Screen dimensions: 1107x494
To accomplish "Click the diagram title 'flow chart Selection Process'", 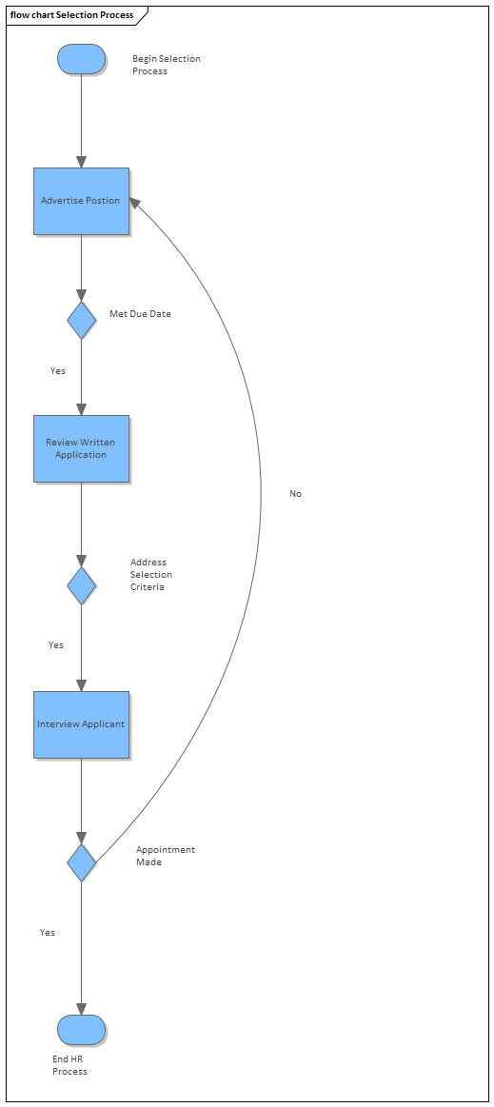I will click(71, 15).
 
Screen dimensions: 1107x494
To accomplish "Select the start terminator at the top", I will click(81, 59).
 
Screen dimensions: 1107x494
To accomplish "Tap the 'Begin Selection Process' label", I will click(166, 65).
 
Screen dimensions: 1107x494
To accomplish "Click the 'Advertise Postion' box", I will click(81, 201).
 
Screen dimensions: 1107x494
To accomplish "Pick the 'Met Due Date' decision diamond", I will click(81, 320).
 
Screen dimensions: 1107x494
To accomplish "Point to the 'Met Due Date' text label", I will click(140, 313).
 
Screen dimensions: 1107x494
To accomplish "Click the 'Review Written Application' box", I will click(81, 448).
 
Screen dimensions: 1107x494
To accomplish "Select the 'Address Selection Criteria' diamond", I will click(81, 585).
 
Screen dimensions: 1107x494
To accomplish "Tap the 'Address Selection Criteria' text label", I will click(150, 575).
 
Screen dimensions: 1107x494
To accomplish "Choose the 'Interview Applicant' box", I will click(81, 724).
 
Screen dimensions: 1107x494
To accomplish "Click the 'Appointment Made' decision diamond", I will click(81, 862).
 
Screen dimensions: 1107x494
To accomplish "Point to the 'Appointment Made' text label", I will click(165, 856).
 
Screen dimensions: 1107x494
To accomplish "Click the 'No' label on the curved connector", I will click(295, 494).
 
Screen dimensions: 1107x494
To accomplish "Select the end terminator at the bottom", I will click(81, 1029).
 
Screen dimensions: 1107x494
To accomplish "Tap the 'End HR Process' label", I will click(69, 1065).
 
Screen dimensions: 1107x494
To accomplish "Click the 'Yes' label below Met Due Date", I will click(58, 370).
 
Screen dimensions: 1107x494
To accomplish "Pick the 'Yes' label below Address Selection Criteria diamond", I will click(56, 645).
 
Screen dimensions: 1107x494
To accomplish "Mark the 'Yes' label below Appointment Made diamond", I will click(48, 933).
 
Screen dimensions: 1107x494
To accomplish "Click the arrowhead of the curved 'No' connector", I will click(135, 203).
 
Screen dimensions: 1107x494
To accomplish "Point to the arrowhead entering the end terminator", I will click(81, 1009).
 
